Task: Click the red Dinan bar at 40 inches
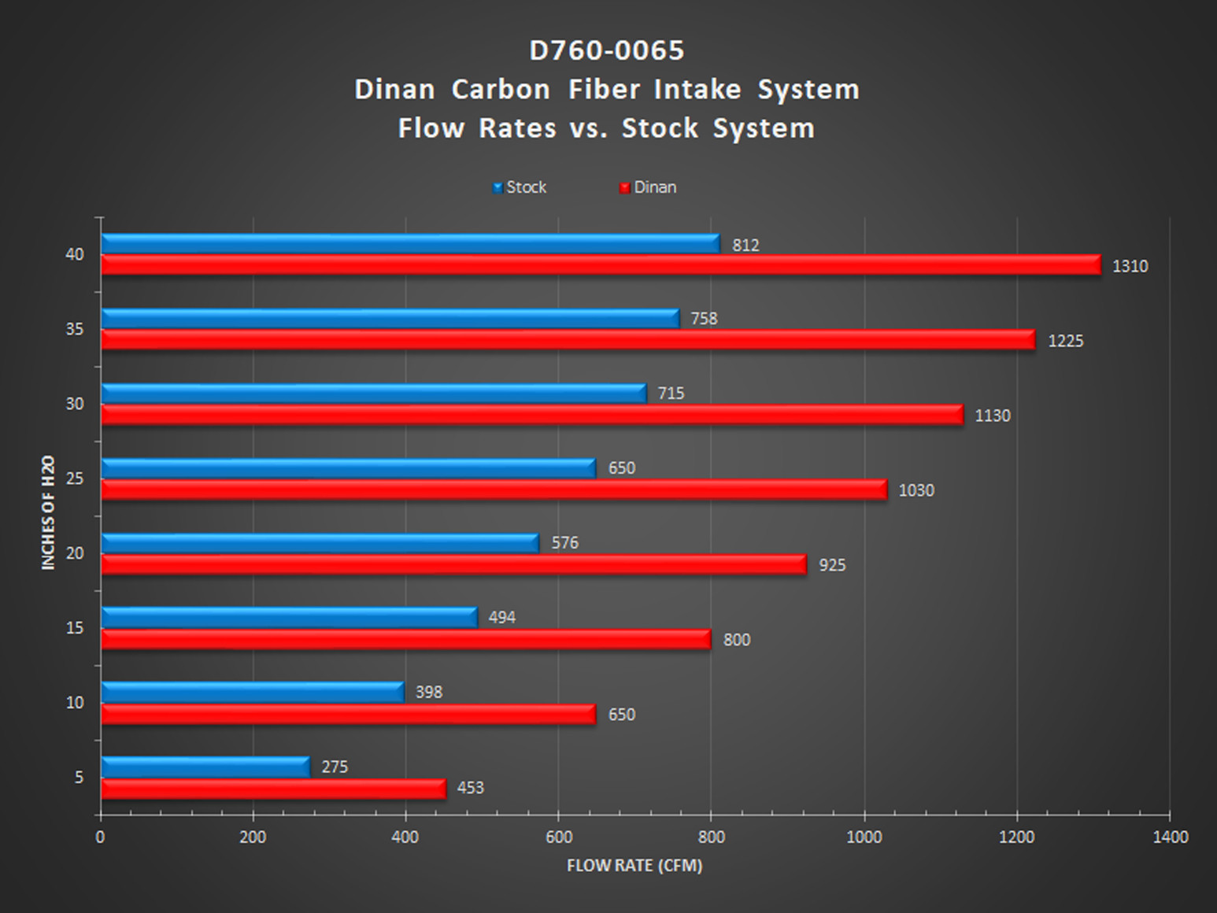click(600, 265)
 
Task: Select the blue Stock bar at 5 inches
click(205, 767)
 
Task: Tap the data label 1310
click(1130, 266)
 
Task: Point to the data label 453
click(470, 788)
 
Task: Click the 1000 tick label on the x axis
click(864, 837)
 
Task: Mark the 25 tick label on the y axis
click(75, 479)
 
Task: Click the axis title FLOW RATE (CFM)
click(634, 866)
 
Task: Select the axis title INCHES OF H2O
click(49, 512)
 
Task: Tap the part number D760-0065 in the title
click(607, 50)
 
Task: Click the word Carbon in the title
click(501, 89)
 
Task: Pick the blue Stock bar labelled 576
click(320, 543)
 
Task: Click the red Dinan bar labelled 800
click(405, 639)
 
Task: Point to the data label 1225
click(1065, 341)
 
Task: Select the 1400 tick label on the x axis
click(1170, 837)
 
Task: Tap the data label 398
click(428, 693)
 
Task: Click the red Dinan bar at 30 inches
click(531, 415)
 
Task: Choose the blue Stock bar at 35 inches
click(390, 319)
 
